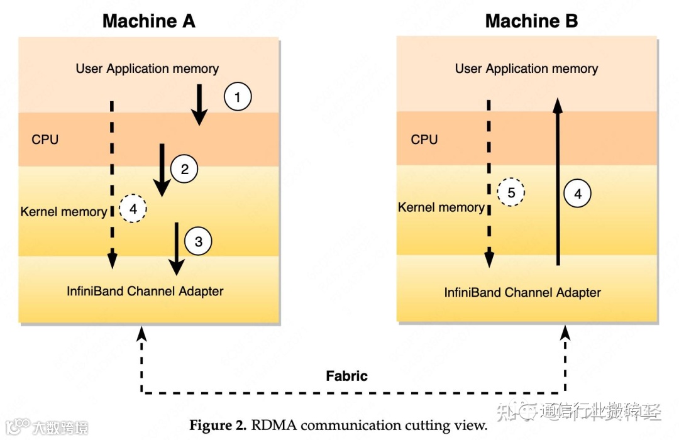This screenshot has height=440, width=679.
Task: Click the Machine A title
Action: coord(149,21)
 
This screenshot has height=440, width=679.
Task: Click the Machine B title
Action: coord(531,21)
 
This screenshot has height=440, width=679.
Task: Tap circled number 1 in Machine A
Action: coord(237,97)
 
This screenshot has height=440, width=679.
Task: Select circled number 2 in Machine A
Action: coord(184,169)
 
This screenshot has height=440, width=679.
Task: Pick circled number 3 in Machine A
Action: coord(198,241)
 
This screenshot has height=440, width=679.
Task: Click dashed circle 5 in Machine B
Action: coord(511,192)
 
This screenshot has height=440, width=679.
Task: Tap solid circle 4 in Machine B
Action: coord(578,194)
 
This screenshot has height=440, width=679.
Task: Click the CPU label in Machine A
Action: coord(45,140)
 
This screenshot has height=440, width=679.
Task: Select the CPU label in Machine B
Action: coord(424,140)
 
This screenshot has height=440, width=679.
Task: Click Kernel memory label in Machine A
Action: coord(63,211)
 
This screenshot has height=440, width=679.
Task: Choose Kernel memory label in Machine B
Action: coord(441,207)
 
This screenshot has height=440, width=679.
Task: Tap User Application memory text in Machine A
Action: coord(148,69)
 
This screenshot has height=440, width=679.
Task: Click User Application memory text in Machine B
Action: coord(526,69)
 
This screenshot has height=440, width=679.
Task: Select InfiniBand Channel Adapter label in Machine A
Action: coord(145,291)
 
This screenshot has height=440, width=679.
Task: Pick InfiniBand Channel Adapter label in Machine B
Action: coord(522,292)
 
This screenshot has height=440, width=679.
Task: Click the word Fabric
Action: coord(346,376)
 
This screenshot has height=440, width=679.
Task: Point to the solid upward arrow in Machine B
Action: coord(557,182)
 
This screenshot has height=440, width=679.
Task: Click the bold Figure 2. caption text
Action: coord(218,425)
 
